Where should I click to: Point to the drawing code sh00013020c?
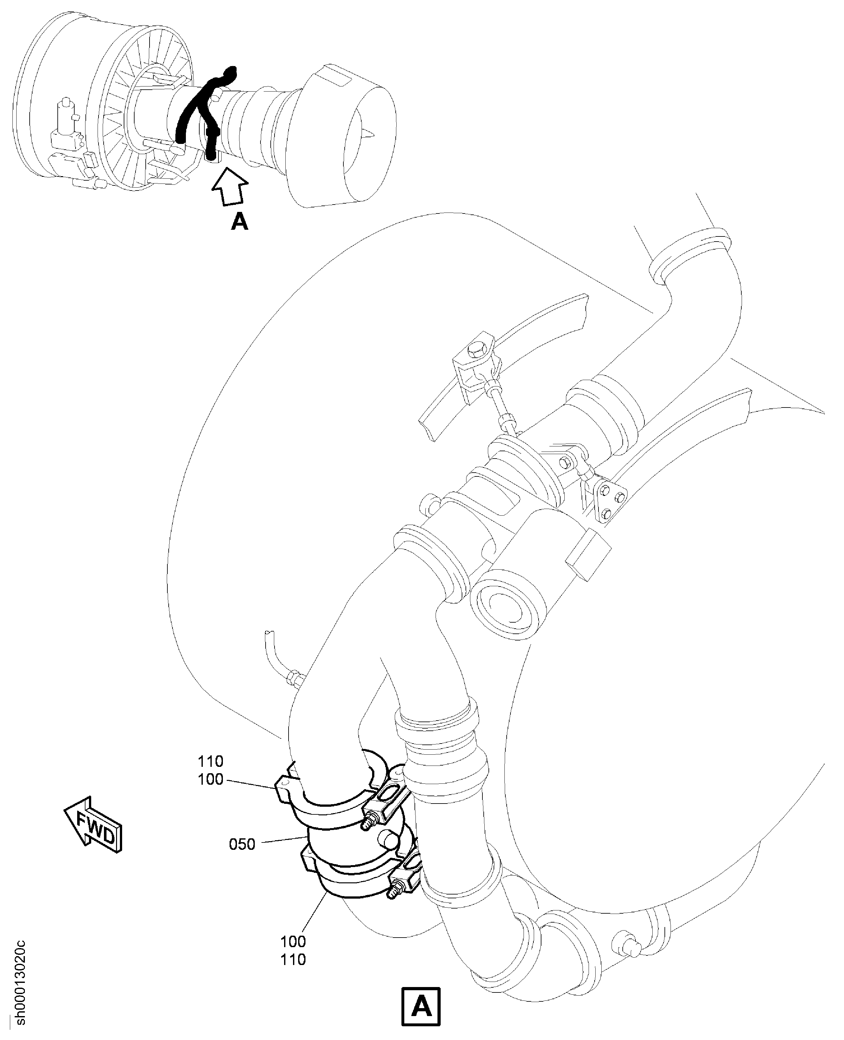[x=20, y=984]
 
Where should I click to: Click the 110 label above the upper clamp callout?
[x=210, y=761]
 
